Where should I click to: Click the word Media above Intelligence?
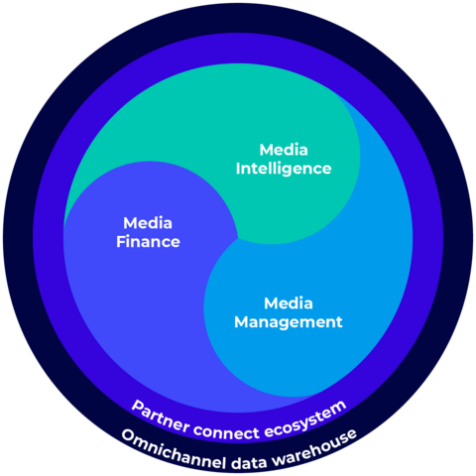coord(284,150)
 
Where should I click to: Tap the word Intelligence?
coord(284,169)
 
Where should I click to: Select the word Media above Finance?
coord(148,223)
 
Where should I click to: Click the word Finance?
coord(148,242)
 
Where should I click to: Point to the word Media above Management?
coord(289,303)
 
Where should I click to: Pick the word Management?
coord(289,322)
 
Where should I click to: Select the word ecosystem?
coord(305,418)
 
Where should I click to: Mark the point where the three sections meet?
coord(238,238)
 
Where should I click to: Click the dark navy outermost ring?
coord(238,18)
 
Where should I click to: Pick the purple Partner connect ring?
coord(238,48)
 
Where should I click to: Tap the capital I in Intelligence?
coord(238,169)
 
